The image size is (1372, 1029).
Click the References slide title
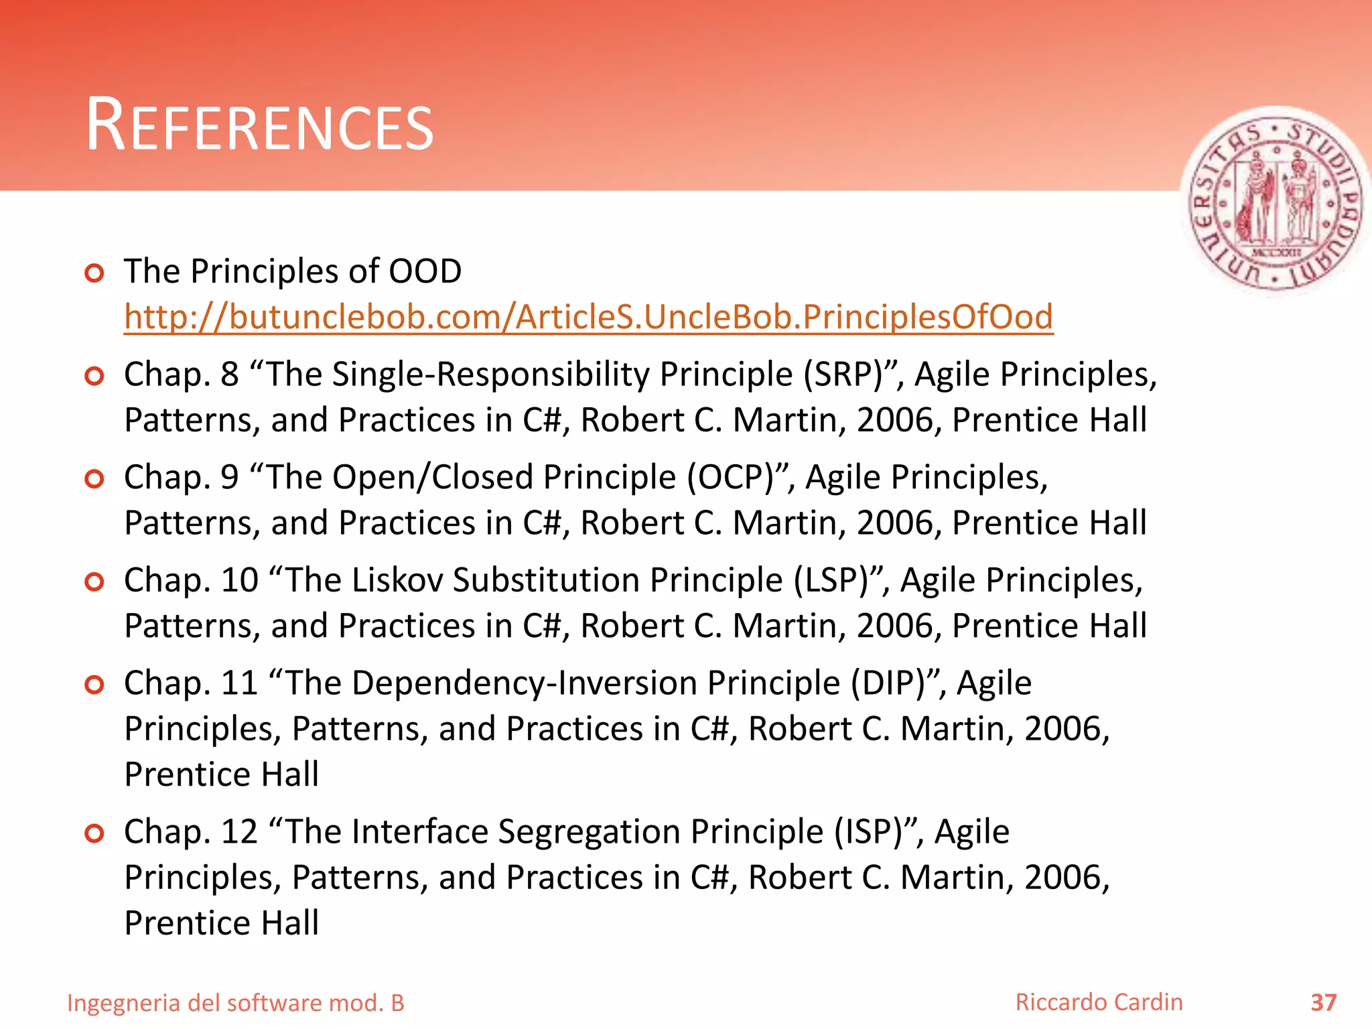click(260, 126)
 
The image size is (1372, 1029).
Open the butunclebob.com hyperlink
click(588, 317)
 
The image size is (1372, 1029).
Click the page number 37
click(1323, 1003)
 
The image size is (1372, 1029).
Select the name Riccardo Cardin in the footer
click(1099, 1002)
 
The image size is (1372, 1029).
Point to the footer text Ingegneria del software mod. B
click(236, 1003)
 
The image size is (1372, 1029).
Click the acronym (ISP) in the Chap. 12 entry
click(874, 832)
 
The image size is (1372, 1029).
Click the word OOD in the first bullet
click(425, 271)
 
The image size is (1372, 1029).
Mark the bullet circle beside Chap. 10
click(94, 581)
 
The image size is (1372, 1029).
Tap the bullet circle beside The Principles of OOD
click(94, 273)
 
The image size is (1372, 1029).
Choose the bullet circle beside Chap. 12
click(94, 833)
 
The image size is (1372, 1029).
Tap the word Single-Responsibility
click(490, 374)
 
